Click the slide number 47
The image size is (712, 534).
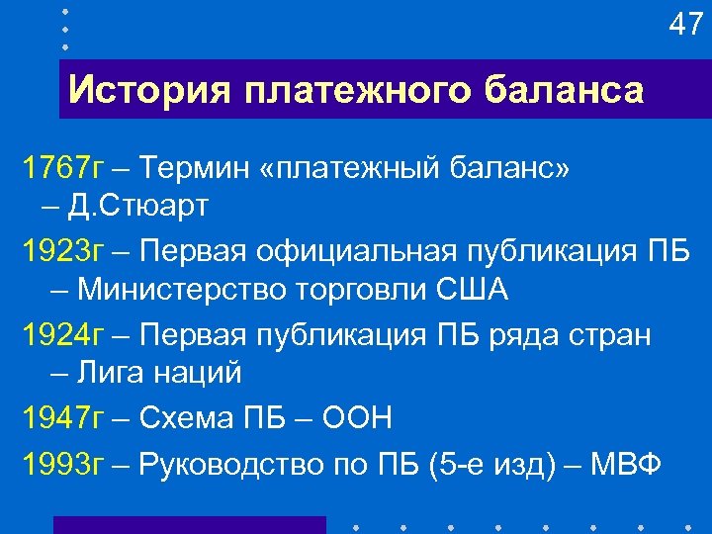685,24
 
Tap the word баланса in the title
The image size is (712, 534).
565,91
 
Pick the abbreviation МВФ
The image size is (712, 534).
627,462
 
